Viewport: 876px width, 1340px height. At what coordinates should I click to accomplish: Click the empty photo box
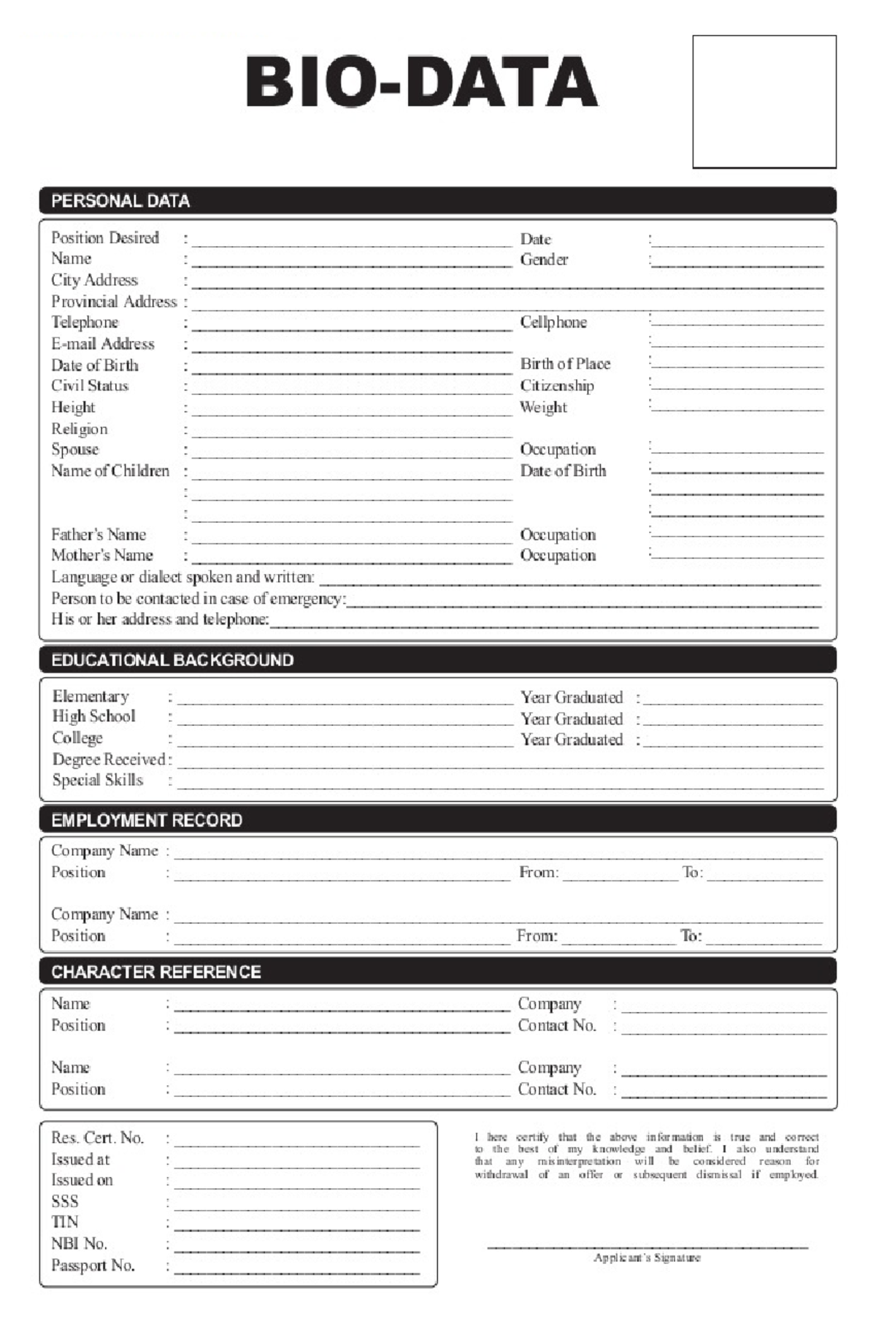764,102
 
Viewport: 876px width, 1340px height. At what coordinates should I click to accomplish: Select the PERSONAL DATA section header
120,201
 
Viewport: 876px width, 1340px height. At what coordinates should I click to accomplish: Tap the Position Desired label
105,238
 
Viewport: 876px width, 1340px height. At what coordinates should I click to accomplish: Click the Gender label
544,259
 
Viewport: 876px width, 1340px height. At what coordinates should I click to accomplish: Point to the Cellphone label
553,322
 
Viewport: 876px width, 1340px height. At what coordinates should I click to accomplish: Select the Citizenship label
557,386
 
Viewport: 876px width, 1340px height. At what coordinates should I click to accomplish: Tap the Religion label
80,429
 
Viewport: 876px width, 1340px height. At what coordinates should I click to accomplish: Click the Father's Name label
99,535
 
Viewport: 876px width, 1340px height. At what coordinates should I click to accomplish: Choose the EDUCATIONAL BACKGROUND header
172,660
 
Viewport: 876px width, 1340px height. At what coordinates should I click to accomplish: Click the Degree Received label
109,759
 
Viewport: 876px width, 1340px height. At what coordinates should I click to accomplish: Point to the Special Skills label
98,780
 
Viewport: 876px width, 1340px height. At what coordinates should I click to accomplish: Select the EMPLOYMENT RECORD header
147,820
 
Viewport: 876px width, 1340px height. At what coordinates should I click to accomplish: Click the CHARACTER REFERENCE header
155,972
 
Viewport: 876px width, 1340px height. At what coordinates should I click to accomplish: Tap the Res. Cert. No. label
98,1138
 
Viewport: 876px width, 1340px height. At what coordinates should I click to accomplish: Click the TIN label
65,1222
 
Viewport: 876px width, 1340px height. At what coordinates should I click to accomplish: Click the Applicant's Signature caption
647,1258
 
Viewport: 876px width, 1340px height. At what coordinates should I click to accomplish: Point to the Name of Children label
110,471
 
